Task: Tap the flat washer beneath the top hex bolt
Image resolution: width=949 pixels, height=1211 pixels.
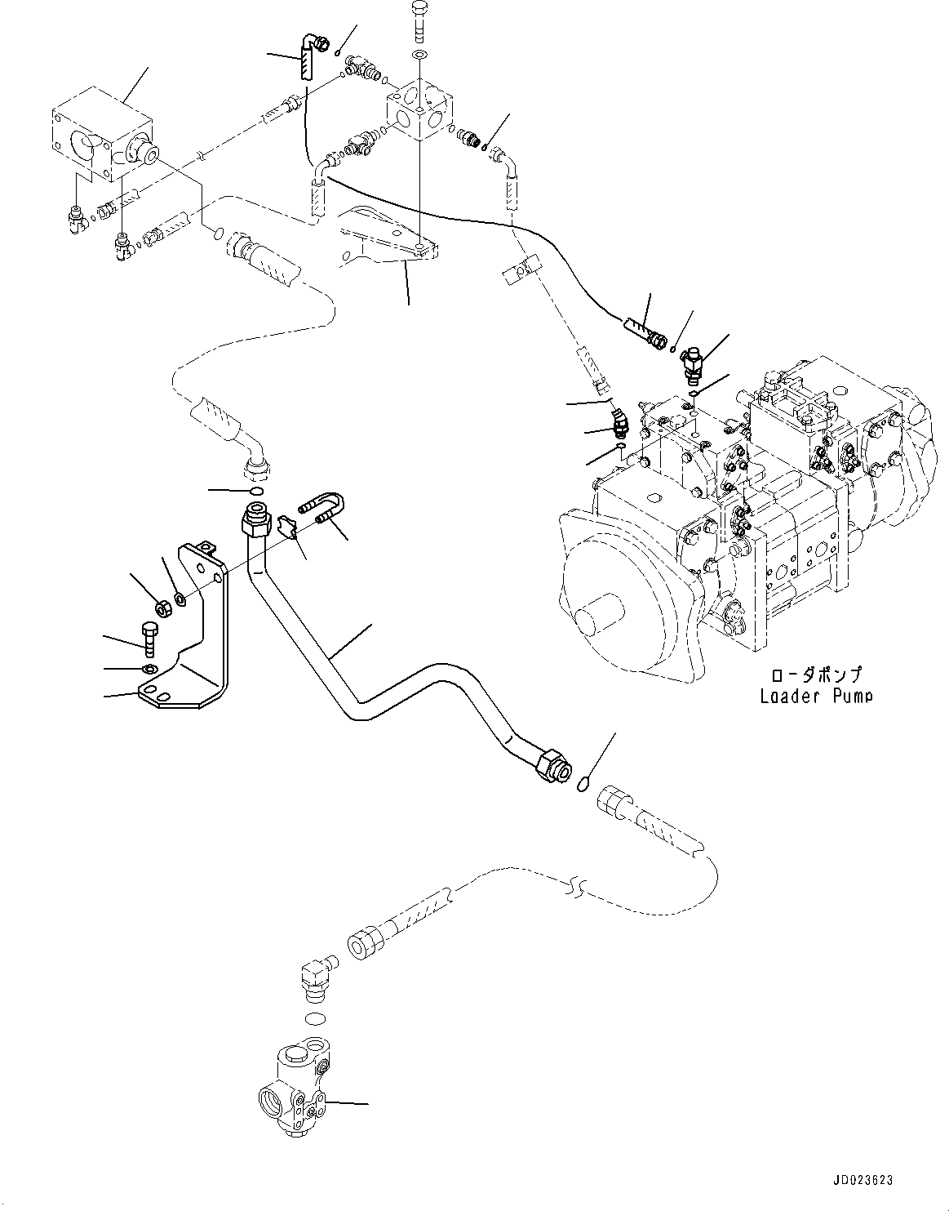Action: (419, 54)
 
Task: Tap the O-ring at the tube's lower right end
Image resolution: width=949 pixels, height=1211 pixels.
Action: (583, 785)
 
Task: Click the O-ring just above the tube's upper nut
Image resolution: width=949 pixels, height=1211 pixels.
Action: (255, 491)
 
